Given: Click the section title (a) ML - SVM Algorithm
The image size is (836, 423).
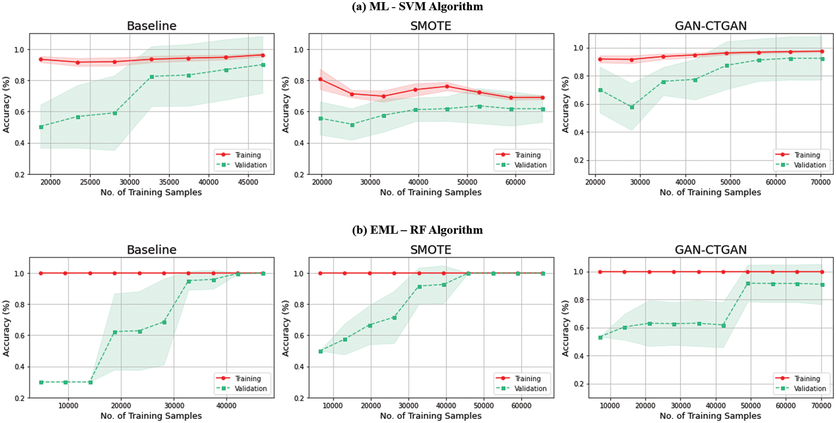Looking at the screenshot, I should [417, 6].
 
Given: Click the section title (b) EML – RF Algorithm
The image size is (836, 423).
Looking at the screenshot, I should [417, 230].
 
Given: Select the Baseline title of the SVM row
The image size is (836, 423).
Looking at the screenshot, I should [151, 26].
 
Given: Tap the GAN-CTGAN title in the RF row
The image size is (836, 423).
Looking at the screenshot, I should [710, 250].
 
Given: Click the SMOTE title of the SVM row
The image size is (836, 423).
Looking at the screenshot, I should [430, 26].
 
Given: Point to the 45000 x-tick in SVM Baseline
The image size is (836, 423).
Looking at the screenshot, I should [248, 182].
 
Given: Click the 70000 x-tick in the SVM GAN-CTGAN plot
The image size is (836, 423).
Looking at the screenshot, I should [821, 182].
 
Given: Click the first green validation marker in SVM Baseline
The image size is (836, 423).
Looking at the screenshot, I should [41, 127].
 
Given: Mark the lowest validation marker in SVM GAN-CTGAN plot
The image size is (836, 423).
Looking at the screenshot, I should [632, 107].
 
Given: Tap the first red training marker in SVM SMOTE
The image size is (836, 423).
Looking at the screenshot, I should [320, 79].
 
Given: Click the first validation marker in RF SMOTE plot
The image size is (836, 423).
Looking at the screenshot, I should [320, 351].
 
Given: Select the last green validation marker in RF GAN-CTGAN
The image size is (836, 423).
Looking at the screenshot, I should [822, 284].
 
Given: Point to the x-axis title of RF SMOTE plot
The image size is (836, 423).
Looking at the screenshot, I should [430, 416].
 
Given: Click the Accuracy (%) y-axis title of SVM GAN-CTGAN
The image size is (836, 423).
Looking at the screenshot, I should [565, 104].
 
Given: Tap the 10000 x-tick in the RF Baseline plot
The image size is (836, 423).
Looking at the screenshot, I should [68, 405].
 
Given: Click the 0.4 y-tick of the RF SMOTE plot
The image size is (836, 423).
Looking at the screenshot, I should [298, 367].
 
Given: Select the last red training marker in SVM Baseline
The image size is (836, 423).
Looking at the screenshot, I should [263, 55].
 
